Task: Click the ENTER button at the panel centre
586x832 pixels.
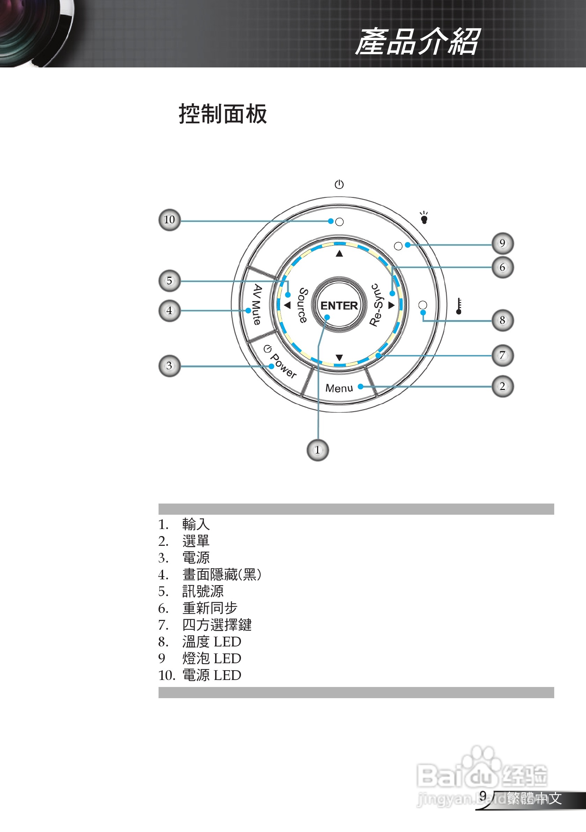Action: (339, 305)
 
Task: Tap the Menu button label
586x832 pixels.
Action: (339, 388)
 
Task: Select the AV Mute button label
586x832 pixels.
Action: (257, 304)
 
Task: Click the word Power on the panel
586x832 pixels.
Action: (284, 366)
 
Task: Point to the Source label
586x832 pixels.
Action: (303, 305)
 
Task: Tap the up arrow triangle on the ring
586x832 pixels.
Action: (339, 254)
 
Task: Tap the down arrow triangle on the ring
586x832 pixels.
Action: (339, 358)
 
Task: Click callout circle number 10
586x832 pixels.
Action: (169, 219)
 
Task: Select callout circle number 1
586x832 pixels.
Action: (318, 450)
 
